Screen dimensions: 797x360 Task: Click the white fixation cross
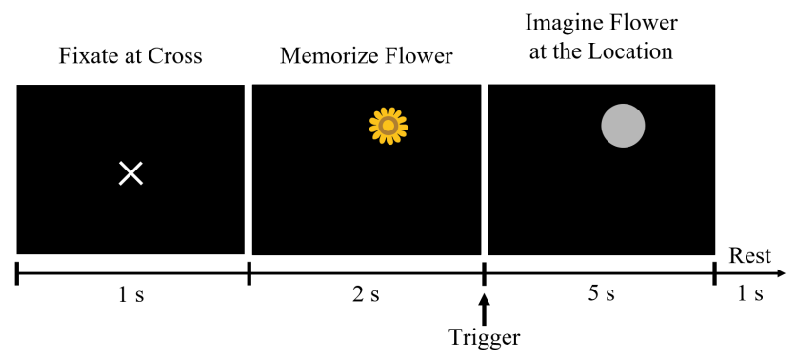[130, 173]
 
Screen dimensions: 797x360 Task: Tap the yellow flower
[389, 125]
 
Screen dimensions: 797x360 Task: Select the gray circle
[623, 126]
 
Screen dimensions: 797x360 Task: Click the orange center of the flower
[389, 125]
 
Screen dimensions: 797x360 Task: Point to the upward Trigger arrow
[485, 308]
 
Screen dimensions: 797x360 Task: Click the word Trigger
[485, 336]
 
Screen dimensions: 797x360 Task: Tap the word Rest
[749, 255]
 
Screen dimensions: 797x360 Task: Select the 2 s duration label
[367, 293]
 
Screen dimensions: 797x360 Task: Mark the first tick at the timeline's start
[17, 274]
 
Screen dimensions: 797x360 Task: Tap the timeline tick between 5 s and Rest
[715, 274]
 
